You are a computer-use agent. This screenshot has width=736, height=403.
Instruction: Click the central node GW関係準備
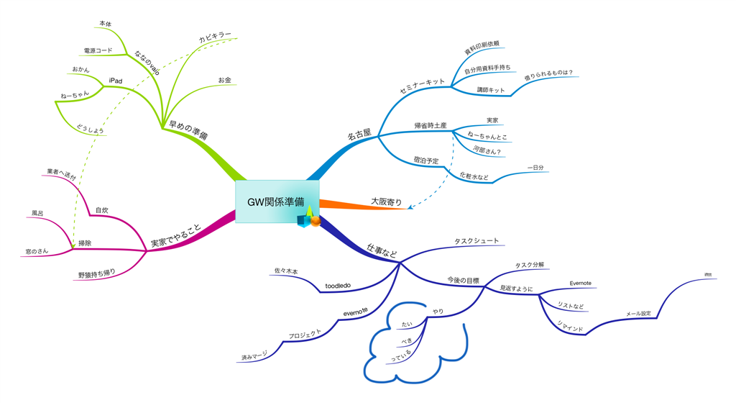click(276, 201)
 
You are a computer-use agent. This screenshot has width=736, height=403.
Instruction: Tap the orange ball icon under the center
click(315, 221)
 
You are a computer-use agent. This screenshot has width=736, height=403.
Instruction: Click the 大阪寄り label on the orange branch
click(386, 201)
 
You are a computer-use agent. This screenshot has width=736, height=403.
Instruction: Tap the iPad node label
click(115, 79)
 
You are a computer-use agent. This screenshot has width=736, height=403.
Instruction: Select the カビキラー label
click(215, 35)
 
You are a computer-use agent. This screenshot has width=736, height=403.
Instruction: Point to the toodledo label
click(337, 286)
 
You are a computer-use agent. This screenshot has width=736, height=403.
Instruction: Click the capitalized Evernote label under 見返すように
click(580, 283)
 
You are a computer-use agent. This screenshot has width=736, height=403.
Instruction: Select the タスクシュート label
click(476, 241)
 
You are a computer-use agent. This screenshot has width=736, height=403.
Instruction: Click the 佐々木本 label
click(286, 271)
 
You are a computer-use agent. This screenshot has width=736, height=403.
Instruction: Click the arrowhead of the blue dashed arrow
click(409, 208)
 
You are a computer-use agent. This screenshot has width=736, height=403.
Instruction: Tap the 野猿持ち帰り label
click(96, 275)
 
